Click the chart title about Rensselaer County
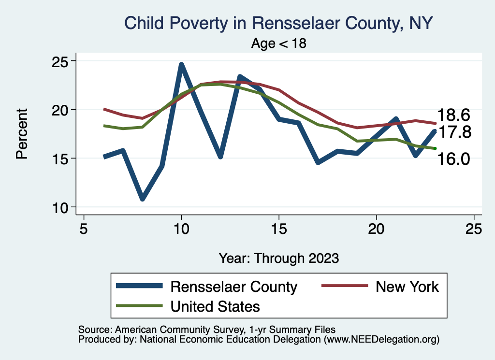(278, 23)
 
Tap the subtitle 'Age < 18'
(279, 43)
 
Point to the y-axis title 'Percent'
(21, 134)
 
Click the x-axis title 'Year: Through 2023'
(279, 258)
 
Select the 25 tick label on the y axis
(60, 61)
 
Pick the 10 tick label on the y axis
(60, 207)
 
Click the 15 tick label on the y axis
(60, 158)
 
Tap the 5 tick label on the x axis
(84, 228)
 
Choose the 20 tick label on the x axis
(377, 228)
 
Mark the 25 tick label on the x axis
(474, 228)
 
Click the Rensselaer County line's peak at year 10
(181, 64)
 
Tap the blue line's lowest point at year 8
(142, 199)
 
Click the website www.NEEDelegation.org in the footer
(381, 339)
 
